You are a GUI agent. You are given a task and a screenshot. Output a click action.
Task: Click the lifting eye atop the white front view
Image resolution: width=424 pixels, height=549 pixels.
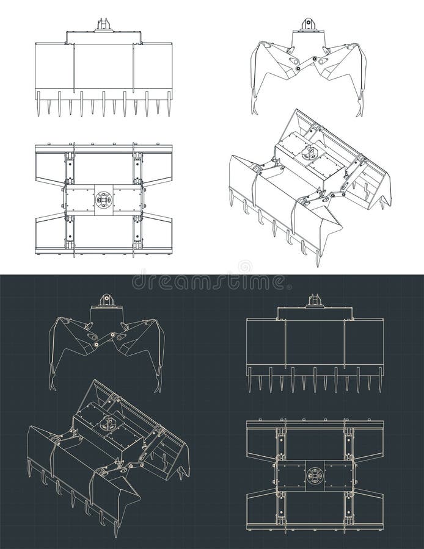click(104, 25)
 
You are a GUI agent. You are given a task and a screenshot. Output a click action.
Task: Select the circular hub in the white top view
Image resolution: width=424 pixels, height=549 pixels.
click(103, 199)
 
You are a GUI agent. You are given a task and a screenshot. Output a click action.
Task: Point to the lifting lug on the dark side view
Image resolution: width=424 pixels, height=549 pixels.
click(107, 300)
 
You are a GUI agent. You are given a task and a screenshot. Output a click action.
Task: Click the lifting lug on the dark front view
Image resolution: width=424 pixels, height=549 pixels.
click(315, 300)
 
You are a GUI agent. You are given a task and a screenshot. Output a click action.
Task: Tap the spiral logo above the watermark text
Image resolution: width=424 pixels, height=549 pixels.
click(244, 267)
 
